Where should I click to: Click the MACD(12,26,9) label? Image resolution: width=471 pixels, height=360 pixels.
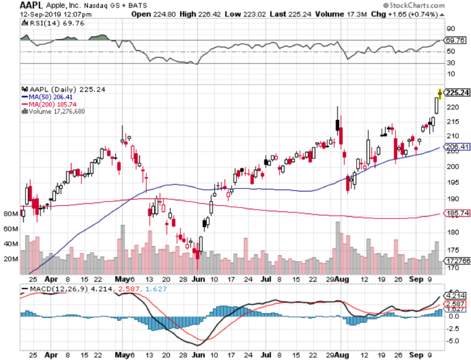(x=53, y=289)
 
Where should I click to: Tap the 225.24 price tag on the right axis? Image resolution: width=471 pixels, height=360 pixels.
(x=457, y=93)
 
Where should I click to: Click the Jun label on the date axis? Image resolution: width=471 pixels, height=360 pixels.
(x=197, y=280)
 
